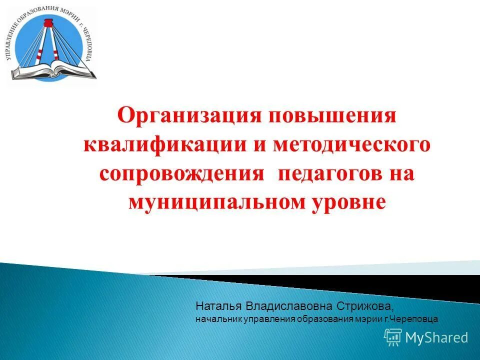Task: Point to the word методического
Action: (352, 144)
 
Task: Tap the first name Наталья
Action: (214, 305)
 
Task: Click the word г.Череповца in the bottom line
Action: (412, 318)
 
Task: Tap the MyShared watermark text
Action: (436, 337)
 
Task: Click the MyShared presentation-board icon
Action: (393, 337)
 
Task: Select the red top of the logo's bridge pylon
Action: (49, 22)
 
